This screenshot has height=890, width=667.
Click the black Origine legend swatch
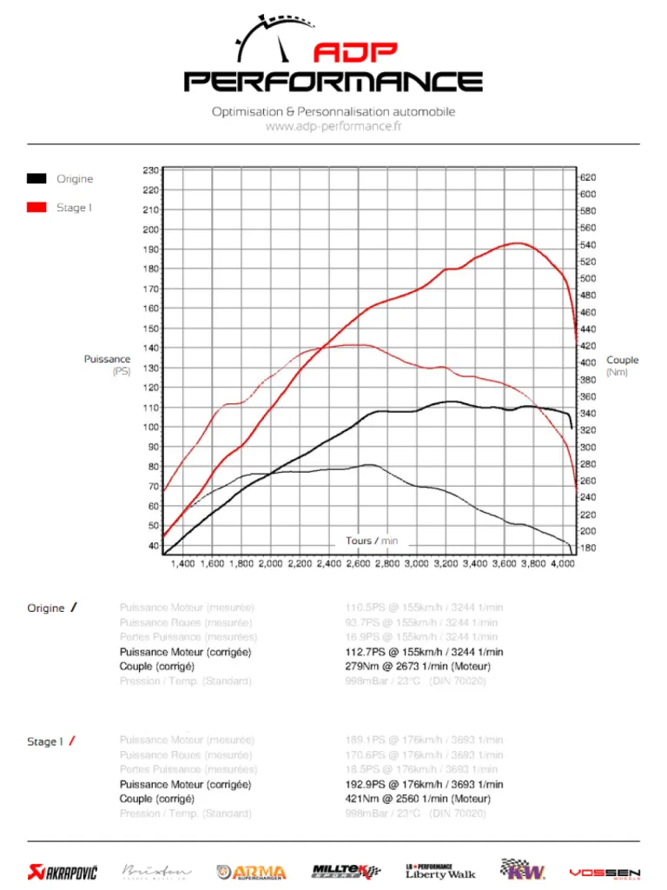click(x=36, y=179)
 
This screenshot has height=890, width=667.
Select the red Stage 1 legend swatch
click(x=36, y=208)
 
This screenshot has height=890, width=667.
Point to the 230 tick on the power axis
click(x=150, y=170)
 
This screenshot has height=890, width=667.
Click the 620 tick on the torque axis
click(x=588, y=177)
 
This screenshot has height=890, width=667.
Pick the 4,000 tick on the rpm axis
click(x=564, y=564)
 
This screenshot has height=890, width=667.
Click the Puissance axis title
click(x=107, y=359)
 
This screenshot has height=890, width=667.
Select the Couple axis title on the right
click(x=622, y=360)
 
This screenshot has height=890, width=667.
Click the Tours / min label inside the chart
click(x=372, y=541)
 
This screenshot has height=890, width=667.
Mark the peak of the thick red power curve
click(x=518, y=243)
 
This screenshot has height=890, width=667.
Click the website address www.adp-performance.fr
click(x=333, y=127)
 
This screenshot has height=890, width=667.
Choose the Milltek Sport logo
click(x=346, y=871)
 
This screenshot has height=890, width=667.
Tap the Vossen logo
click(x=604, y=872)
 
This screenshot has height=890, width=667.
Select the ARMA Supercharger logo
click(x=253, y=871)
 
